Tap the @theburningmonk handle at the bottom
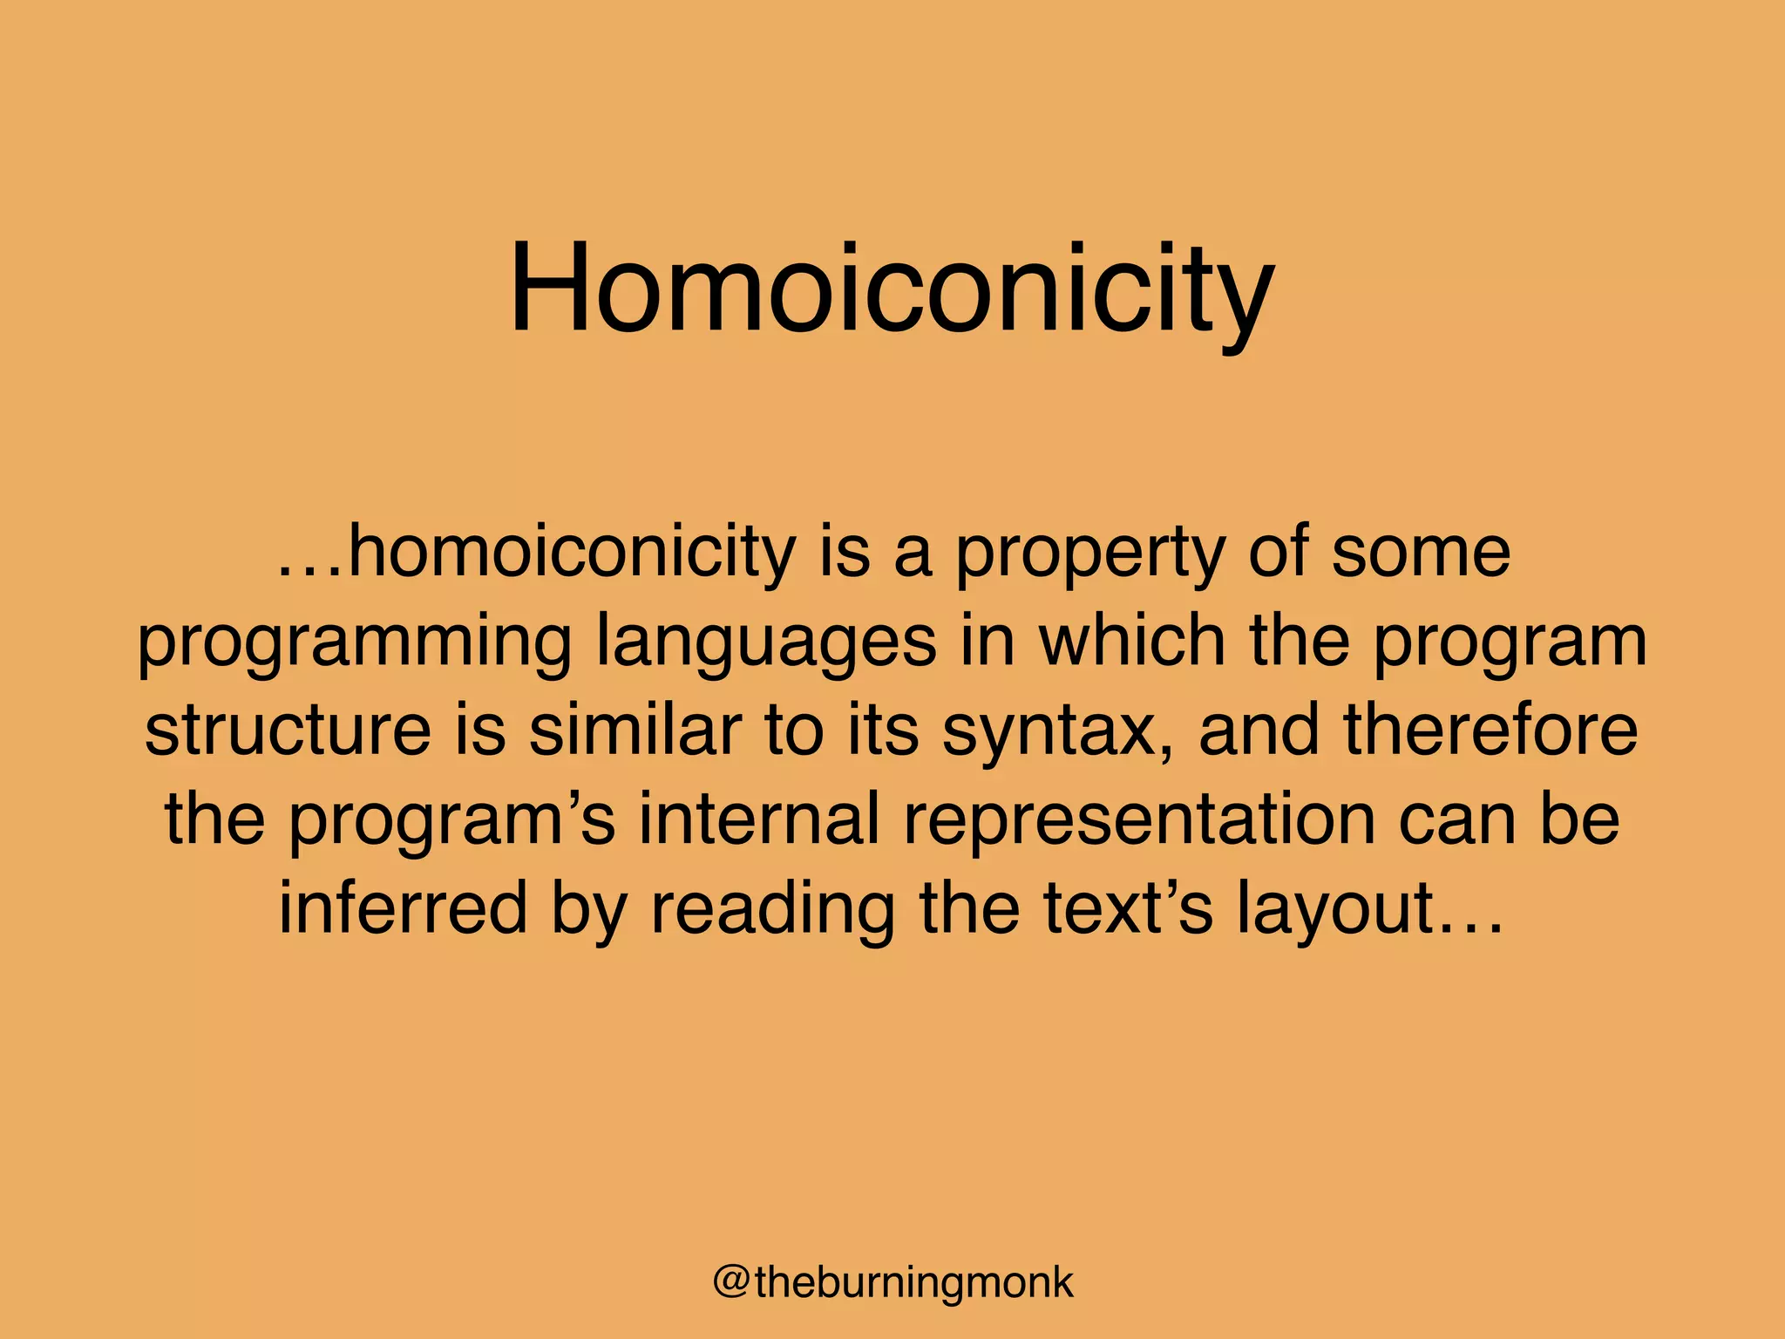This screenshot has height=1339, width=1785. point(892,1282)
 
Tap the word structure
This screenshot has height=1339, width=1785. point(288,730)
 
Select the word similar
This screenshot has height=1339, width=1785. point(635,730)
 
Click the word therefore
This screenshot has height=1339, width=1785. point(1491,730)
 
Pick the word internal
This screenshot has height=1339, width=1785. point(758,819)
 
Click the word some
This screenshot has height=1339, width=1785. point(1421,554)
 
